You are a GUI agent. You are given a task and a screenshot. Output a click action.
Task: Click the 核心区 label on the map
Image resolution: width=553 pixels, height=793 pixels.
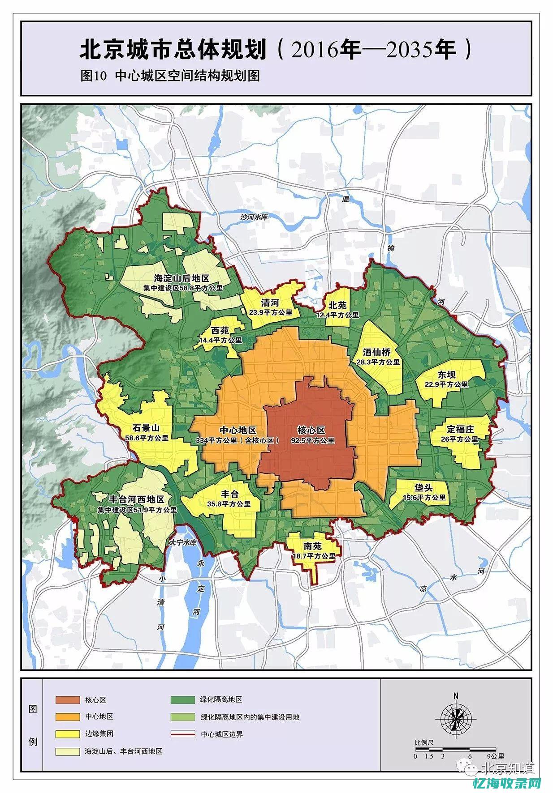pyautogui.click(x=311, y=430)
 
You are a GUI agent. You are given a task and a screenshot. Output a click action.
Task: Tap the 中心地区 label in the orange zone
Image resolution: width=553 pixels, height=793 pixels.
pyautogui.click(x=238, y=430)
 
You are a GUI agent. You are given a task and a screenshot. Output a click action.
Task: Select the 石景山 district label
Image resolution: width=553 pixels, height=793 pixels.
pyautogui.click(x=146, y=428)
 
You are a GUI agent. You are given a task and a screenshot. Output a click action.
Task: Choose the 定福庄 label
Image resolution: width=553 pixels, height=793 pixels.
pyautogui.click(x=460, y=429)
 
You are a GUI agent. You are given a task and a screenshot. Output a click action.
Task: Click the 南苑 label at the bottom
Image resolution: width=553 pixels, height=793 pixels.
pyautogui.click(x=312, y=546)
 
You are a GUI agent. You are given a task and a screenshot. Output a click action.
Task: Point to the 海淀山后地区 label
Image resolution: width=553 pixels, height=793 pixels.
pyautogui.click(x=181, y=278)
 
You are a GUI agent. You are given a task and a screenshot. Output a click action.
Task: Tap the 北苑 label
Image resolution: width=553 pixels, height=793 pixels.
pyautogui.click(x=337, y=306)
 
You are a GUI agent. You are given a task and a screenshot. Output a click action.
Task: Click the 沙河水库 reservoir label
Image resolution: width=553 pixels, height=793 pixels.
pyautogui.click(x=254, y=217)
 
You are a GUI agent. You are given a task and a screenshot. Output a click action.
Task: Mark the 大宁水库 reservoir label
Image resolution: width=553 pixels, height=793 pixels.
pyautogui.click(x=183, y=542)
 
